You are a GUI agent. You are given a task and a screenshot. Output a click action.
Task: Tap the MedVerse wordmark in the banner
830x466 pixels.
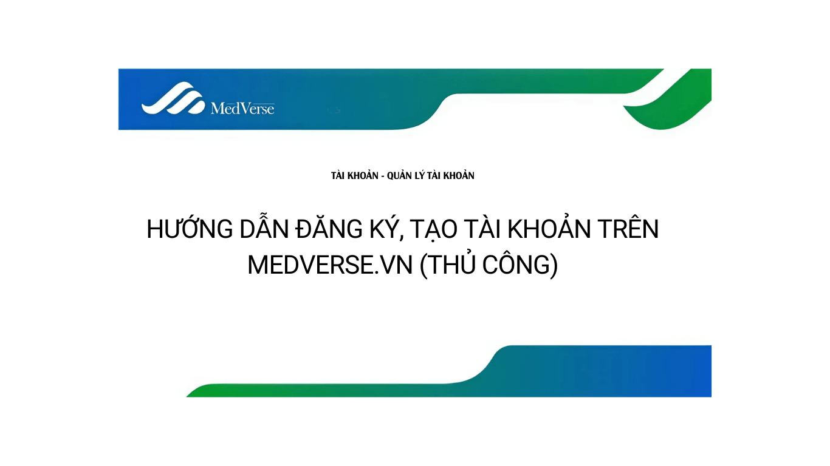tap(242, 109)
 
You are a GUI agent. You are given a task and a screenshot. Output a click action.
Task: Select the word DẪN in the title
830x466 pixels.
tap(264, 229)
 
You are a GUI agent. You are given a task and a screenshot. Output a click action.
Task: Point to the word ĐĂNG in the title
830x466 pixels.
tap(329, 229)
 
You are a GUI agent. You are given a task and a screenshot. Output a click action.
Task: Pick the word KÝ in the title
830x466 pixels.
tap(387, 229)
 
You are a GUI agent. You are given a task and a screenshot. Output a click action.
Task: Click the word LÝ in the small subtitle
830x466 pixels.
tap(423, 176)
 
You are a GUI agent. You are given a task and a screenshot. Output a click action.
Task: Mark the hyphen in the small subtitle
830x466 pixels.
tap(383, 176)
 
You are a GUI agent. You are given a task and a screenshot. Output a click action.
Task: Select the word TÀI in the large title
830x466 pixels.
tap(482, 229)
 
